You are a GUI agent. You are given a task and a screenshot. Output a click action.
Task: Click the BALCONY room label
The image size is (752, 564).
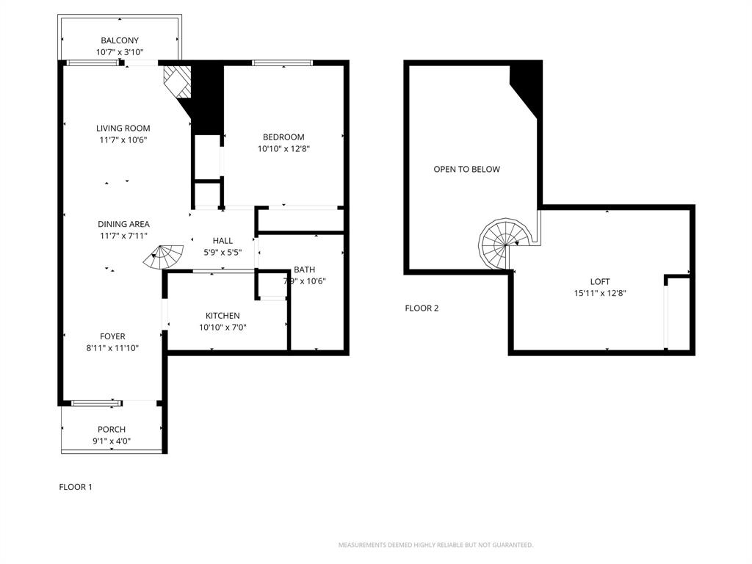pyautogui.click(x=119, y=40)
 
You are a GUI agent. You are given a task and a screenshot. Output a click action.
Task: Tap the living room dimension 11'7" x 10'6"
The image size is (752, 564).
pyautogui.click(x=123, y=140)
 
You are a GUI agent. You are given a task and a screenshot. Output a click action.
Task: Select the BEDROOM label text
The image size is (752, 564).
pyautogui.click(x=283, y=137)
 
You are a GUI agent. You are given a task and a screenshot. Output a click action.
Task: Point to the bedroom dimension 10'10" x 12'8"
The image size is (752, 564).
pyautogui.click(x=283, y=149)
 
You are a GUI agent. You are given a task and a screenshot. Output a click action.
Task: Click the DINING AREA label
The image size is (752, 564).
pyautogui.click(x=123, y=224)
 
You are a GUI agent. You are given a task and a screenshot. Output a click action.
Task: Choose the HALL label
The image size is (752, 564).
pyautogui.click(x=223, y=240)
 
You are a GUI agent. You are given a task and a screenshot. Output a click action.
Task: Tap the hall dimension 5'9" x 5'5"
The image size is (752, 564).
pyautogui.click(x=223, y=253)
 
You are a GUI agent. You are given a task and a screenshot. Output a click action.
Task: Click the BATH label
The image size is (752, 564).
pyautogui.click(x=304, y=270)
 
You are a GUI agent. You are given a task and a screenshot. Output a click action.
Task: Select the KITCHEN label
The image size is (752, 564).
pyautogui.click(x=223, y=316)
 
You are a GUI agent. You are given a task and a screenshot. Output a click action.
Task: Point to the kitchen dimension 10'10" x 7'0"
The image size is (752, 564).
pyautogui.click(x=223, y=328)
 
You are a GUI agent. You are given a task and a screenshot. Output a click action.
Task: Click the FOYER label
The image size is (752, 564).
pyautogui.click(x=112, y=336)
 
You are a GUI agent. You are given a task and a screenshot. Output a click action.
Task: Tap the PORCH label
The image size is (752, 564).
pyautogui.click(x=112, y=430)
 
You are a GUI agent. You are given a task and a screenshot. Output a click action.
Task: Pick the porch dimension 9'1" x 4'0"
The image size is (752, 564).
pyautogui.click(x=112, y=441)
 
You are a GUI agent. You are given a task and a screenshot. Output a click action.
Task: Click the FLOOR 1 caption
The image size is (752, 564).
pyautogui.click(x=76, y=487)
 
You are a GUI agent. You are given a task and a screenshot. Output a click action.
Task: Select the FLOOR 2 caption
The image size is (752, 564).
pyautogui.click(x=422, y=308)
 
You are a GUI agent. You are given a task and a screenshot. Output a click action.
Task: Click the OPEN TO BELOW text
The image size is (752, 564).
pyautogui.click(x=466, y=170)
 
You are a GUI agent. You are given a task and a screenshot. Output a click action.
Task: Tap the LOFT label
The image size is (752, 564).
pyautogui.click(x=600, y=281)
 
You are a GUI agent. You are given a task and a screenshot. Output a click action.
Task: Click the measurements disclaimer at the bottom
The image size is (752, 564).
pyautogui.click(x=435, y=545)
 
